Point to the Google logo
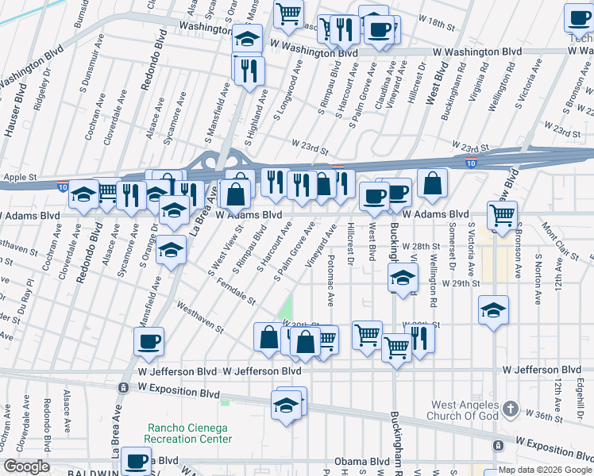[26, 466]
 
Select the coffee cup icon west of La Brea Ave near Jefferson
[148, 342]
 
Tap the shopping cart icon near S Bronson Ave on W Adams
[502, 214]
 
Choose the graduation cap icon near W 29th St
[403, 279]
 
